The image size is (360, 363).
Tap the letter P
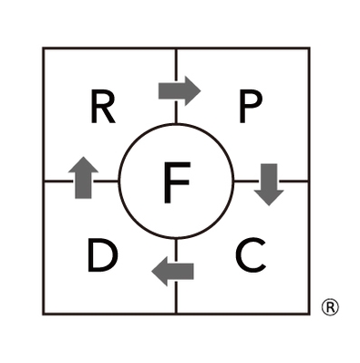pos(250,109)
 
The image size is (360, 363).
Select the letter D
pos(103,255)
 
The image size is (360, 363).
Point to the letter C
pos(251,255)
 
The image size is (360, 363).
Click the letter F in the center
pos(177,181)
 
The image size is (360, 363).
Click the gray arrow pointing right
pos(179,89)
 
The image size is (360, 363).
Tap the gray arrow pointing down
pos(269,183)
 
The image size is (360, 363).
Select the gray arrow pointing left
pos(173,270)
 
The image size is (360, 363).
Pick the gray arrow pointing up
pos(83,177)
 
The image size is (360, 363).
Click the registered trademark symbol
pos(330,307)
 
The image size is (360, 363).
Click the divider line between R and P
pos(177,64)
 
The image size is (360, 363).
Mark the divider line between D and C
pos(177,296)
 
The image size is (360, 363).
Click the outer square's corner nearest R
pos(44,48)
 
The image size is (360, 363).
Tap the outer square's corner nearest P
pos(310,48)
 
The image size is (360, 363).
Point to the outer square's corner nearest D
pos(44,315)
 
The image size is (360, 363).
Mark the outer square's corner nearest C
pos(310,315)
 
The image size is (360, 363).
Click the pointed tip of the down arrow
pos(269,203)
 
